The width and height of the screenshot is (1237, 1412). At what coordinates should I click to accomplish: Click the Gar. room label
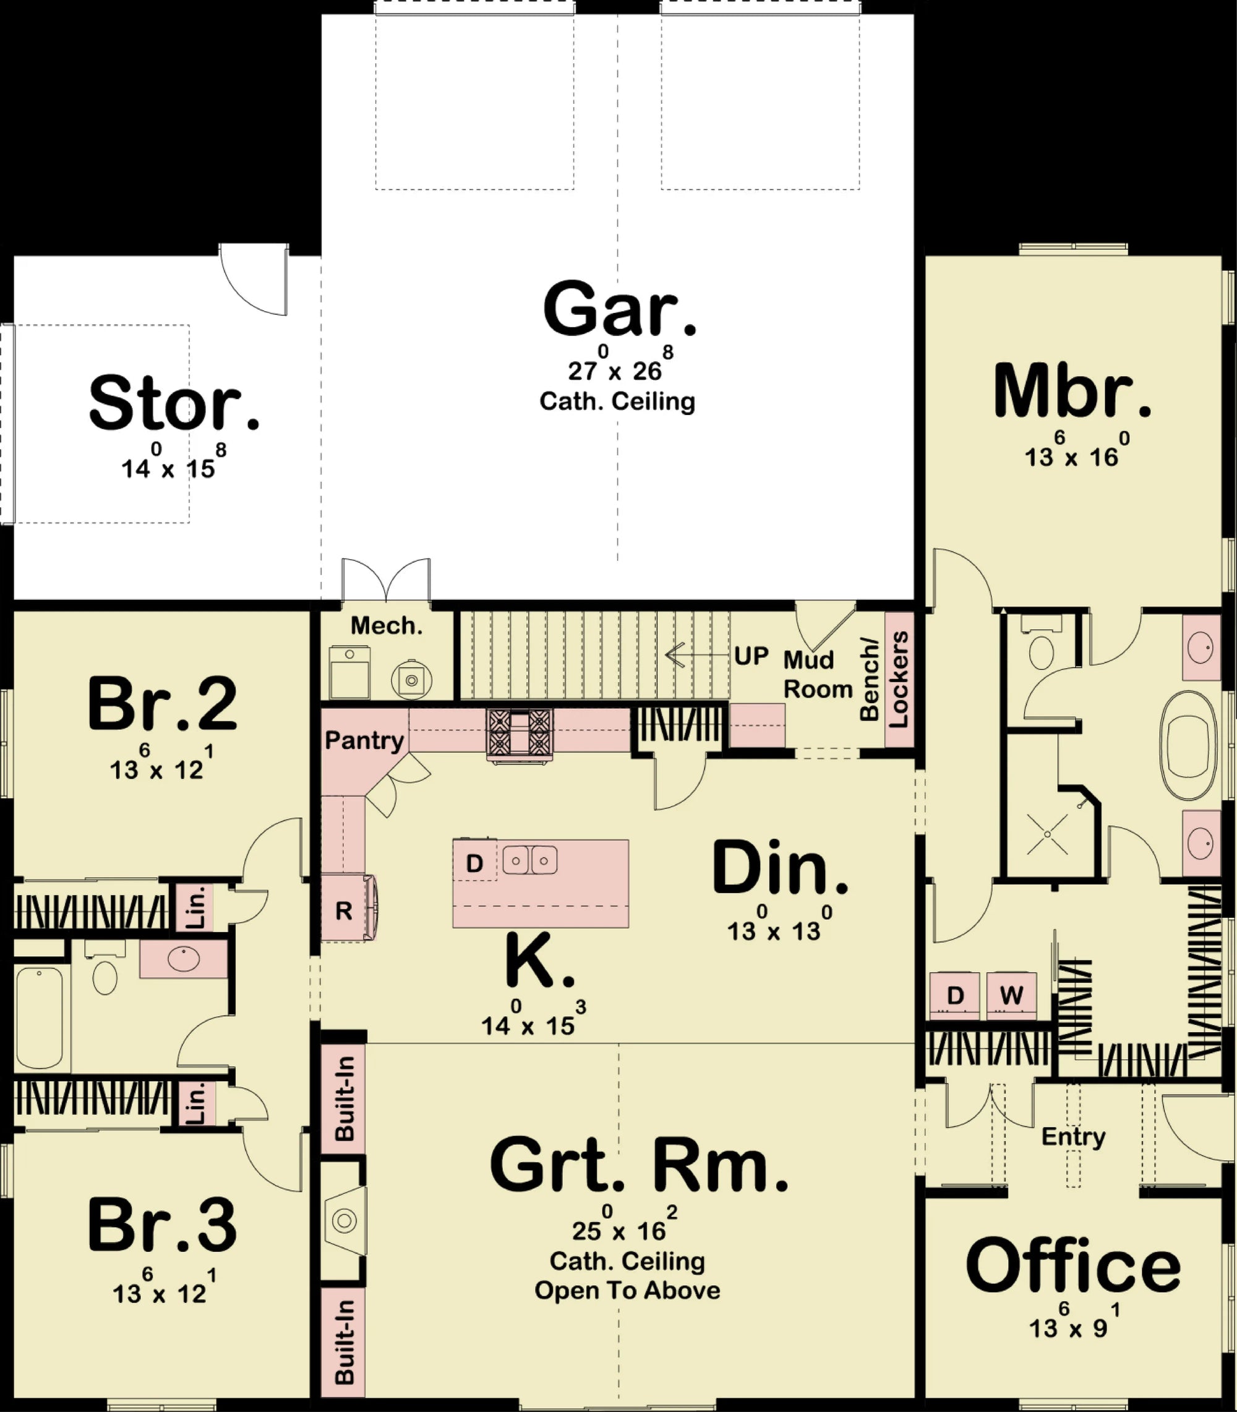tap(619, 310)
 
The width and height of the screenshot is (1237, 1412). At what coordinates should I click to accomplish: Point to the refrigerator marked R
tap(345, 910)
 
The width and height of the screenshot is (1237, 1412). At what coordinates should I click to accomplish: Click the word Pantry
tap(364, 740)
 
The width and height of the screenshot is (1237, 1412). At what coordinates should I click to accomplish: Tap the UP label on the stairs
tap(751, 656)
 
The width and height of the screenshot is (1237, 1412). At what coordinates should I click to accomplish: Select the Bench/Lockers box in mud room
tap(898, 680)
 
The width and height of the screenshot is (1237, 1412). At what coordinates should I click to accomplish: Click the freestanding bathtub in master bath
tap(1189, 745)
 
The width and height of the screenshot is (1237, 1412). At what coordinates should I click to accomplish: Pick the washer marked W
tap(1011, 995)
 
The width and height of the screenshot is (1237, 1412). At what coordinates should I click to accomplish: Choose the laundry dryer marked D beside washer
tap(955, 995)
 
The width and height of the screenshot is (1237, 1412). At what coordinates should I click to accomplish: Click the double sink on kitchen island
tap(529, 860)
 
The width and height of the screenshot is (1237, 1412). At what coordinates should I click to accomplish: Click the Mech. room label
tap(386, 625)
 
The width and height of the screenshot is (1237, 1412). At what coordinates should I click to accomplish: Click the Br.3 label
tap(162, 1227)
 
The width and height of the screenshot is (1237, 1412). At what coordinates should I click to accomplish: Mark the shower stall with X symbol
tap(1047, 834)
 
